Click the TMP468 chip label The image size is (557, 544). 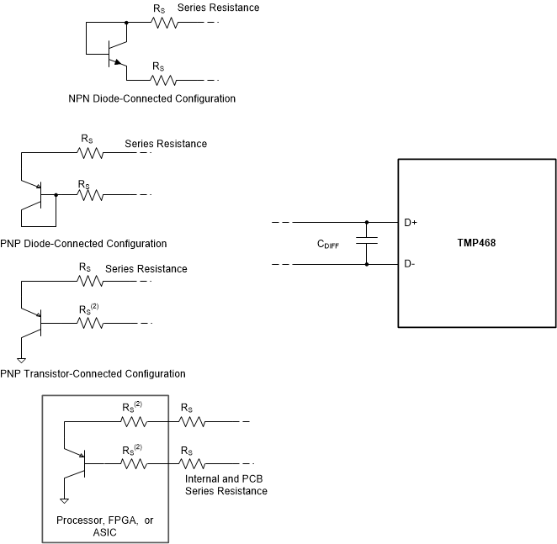[x=475, y=243]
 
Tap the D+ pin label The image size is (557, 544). [x=411, y=223]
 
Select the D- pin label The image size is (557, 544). [x=409, y=265]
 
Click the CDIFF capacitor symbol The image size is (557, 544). [x=367, y=244]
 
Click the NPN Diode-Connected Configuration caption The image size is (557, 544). [x=151, y=98]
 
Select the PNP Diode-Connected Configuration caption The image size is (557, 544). [x=83, y=244]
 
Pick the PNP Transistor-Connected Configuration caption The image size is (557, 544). [x=93, y=373]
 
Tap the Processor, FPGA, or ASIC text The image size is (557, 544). [x=105, y=520]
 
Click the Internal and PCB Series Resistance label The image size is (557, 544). [x=225, y=484]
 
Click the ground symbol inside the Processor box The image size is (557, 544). [x=64, y=501]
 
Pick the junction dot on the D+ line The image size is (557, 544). [x=367, y=223]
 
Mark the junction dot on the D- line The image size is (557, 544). [x=367, y=265]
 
